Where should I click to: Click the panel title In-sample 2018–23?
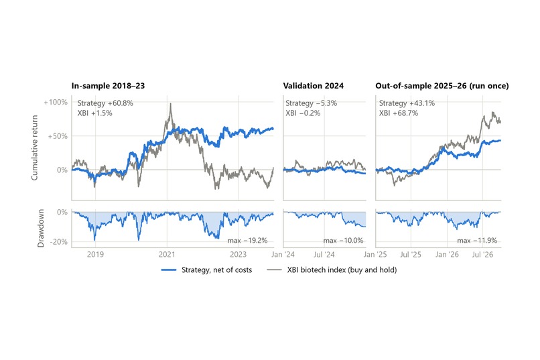coord(108,86)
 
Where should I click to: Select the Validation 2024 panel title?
coord(314,86)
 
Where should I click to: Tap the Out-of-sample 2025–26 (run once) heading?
coord(442,86)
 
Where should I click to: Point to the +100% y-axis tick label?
coord(56,103)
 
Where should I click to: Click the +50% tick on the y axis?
coord(58,136)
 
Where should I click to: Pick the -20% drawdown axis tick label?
coord(58,242)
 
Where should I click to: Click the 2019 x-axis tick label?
coord(95,255)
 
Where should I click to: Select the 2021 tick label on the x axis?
coord(167,255)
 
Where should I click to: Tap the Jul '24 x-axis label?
coord(324,255)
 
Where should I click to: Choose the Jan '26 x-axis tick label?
coord(447,255)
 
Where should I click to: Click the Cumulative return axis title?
coord(34,147)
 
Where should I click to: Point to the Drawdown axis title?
coord(41,228)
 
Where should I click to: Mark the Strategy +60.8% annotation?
coord(105,103)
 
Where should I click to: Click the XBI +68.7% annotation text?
coord(399,113)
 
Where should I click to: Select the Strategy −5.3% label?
coord(312,103)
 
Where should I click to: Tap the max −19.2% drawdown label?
coord(247,241)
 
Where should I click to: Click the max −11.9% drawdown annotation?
coord(477,241)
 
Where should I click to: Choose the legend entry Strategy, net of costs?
coord(206,269)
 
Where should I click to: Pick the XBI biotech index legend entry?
coord(332,269)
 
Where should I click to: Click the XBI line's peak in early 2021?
coord(170,104)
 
